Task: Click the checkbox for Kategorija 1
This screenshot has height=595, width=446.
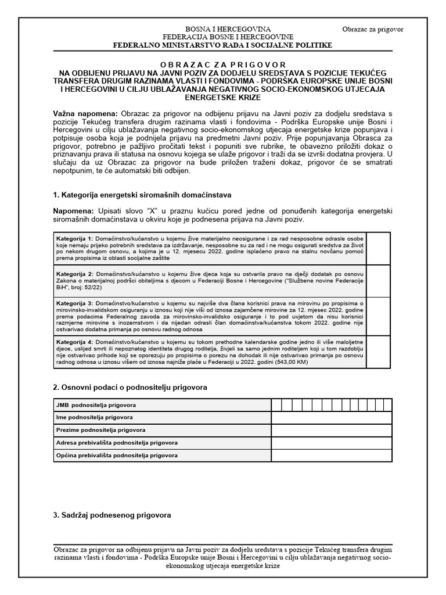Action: pyautogui.click(x=379, y=248)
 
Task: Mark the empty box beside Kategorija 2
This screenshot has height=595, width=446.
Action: pyautogui.click(x=379, y=281)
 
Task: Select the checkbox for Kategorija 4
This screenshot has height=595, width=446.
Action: pyautogui.click(x=379, y=351)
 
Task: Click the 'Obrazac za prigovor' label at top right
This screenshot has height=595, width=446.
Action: pyautogui.click(x=373, y=29)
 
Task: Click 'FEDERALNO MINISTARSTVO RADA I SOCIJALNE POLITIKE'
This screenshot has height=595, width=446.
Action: pyautogui.click(x=223, y=45)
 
